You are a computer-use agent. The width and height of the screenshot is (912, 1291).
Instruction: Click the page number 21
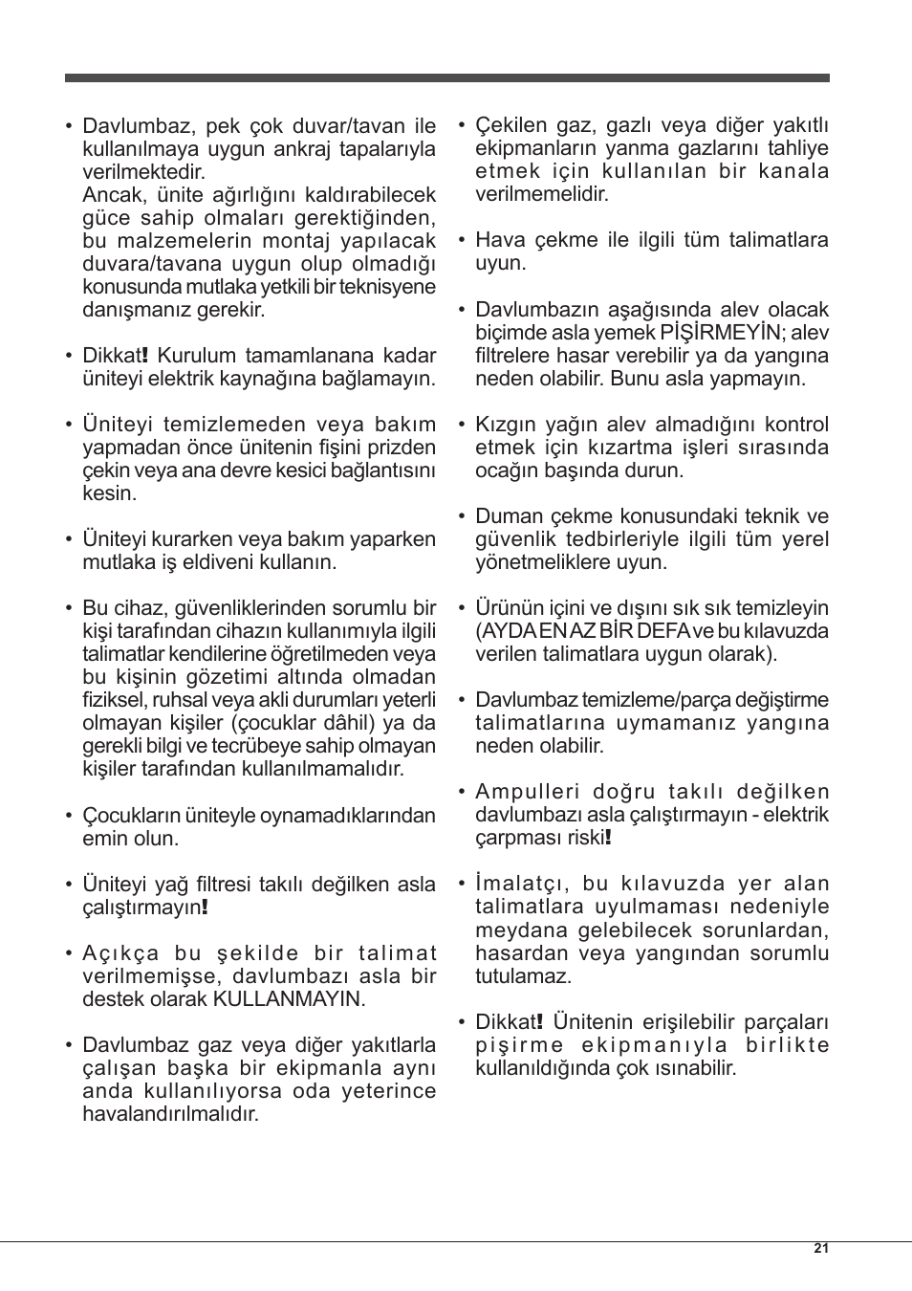[x=821, y=1248]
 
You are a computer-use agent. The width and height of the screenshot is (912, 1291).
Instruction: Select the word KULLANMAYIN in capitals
[x=289, y=999]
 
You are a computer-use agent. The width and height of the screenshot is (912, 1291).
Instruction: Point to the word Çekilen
[x=511, y=125]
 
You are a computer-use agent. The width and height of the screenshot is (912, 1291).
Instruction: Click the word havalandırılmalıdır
[x=170, y=1114]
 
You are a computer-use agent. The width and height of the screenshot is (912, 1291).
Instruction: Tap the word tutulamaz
[x=523, y=976]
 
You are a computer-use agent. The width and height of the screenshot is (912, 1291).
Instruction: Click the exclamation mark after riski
[x=608, y=838]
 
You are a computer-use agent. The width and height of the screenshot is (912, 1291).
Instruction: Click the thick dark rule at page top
[x=446, y=77]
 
